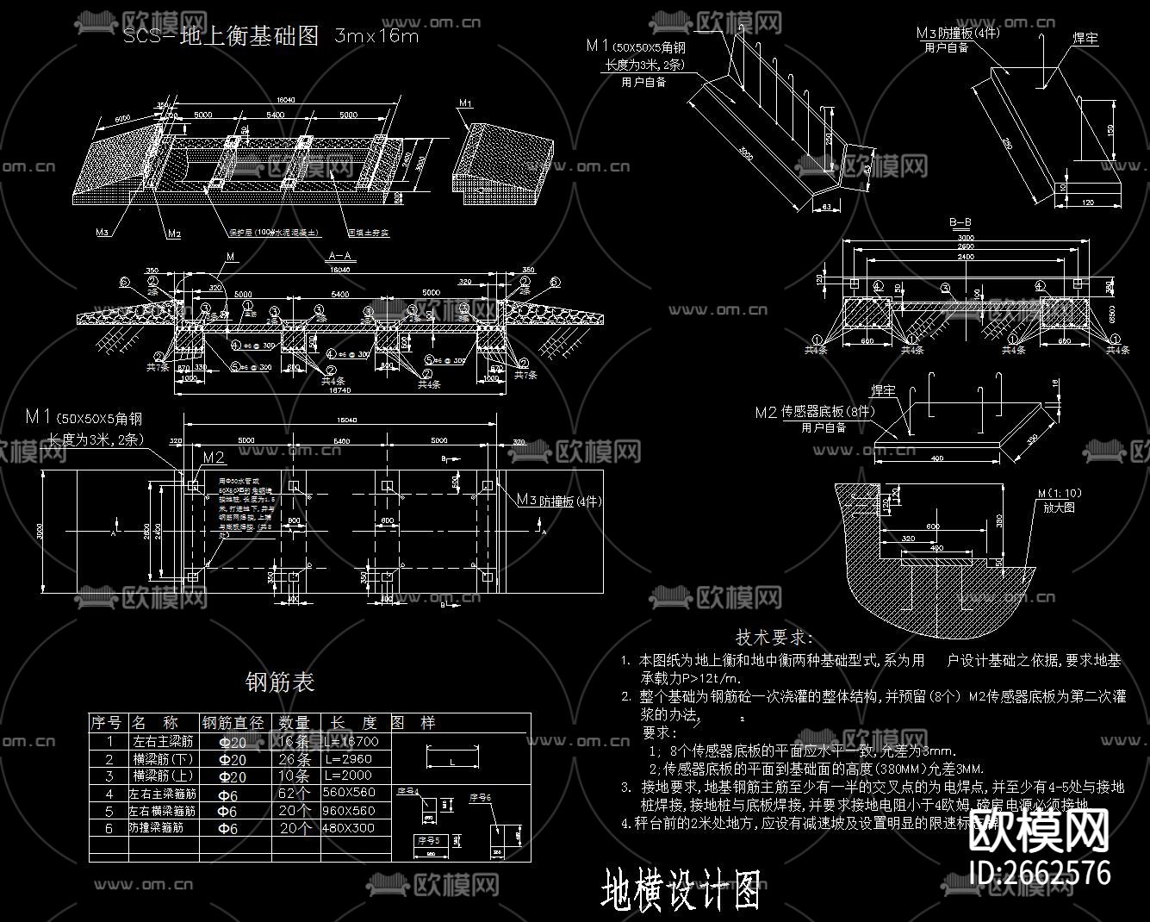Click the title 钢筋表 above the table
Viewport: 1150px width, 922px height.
(281, 682)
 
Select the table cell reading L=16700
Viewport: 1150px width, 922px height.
(354, 741)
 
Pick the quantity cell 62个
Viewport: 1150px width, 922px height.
(295, 793)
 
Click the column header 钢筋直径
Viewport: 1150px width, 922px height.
(235, 722)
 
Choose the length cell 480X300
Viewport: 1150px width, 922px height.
(351, 828)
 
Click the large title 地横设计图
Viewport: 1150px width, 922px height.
(681, 890)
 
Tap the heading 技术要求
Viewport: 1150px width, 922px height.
(774, 638)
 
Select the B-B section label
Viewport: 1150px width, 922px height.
(960, 222)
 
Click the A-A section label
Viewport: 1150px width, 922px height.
(341, 256)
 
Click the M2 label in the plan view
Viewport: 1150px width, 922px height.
(214, 457)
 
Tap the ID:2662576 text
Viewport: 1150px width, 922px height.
(1040, 872)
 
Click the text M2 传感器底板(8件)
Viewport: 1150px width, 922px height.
(813, 412)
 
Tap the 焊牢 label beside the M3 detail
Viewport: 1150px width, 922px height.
(1084, 40)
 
